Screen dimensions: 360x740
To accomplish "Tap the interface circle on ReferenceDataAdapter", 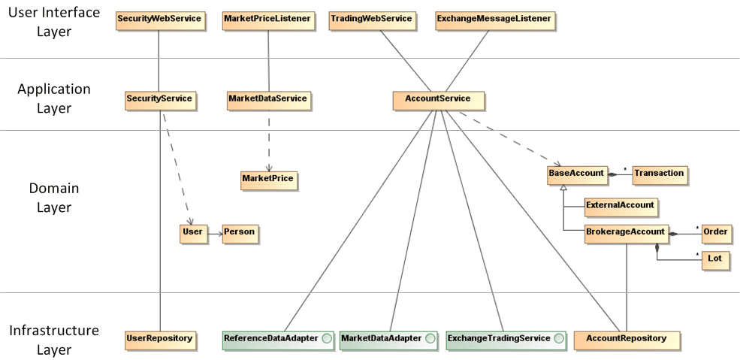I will click(x=327, y=340).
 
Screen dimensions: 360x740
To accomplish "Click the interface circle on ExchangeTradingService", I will click(x=558, y=340).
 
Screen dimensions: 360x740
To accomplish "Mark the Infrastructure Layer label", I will click(x=54, y=340).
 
